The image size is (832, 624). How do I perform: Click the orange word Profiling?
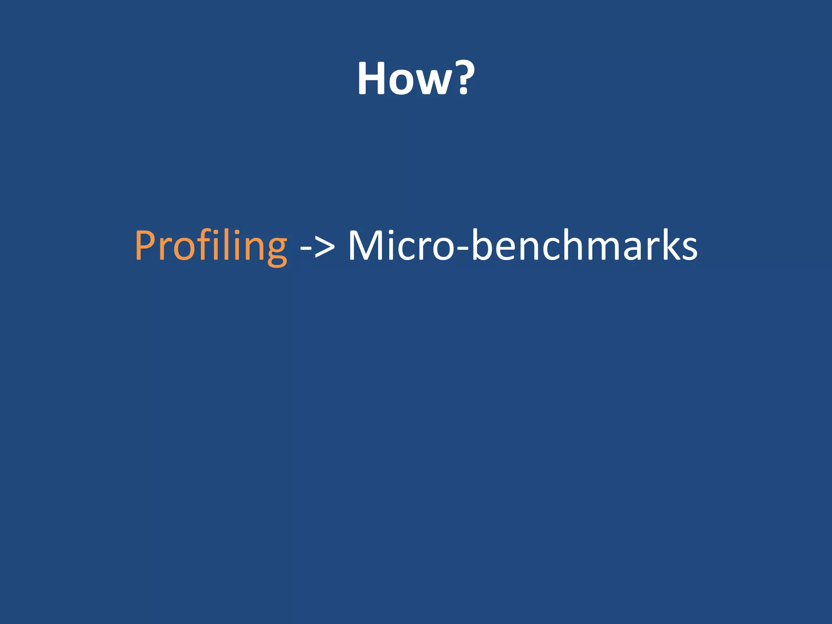[x=211, y=245]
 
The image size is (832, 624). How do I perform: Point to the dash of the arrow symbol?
[x=305, y=247]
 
